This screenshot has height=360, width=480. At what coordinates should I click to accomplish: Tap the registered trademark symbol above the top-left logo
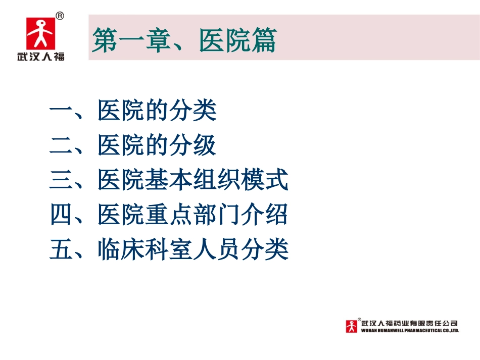coord(60,16)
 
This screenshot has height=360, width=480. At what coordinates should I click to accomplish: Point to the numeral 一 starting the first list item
coord(61,112)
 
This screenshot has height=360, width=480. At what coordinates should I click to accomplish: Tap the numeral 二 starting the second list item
coord(61,146)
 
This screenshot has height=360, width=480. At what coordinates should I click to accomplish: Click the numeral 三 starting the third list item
coord(61,180)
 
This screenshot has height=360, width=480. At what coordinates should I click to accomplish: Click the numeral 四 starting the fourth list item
coord(61,215)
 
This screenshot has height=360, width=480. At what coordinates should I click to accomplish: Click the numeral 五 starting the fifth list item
coord(61,249)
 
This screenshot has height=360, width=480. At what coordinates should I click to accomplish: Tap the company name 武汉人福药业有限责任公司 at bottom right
coord(410,323)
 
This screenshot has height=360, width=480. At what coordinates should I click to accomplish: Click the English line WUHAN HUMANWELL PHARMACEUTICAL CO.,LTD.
coord(410,331)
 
